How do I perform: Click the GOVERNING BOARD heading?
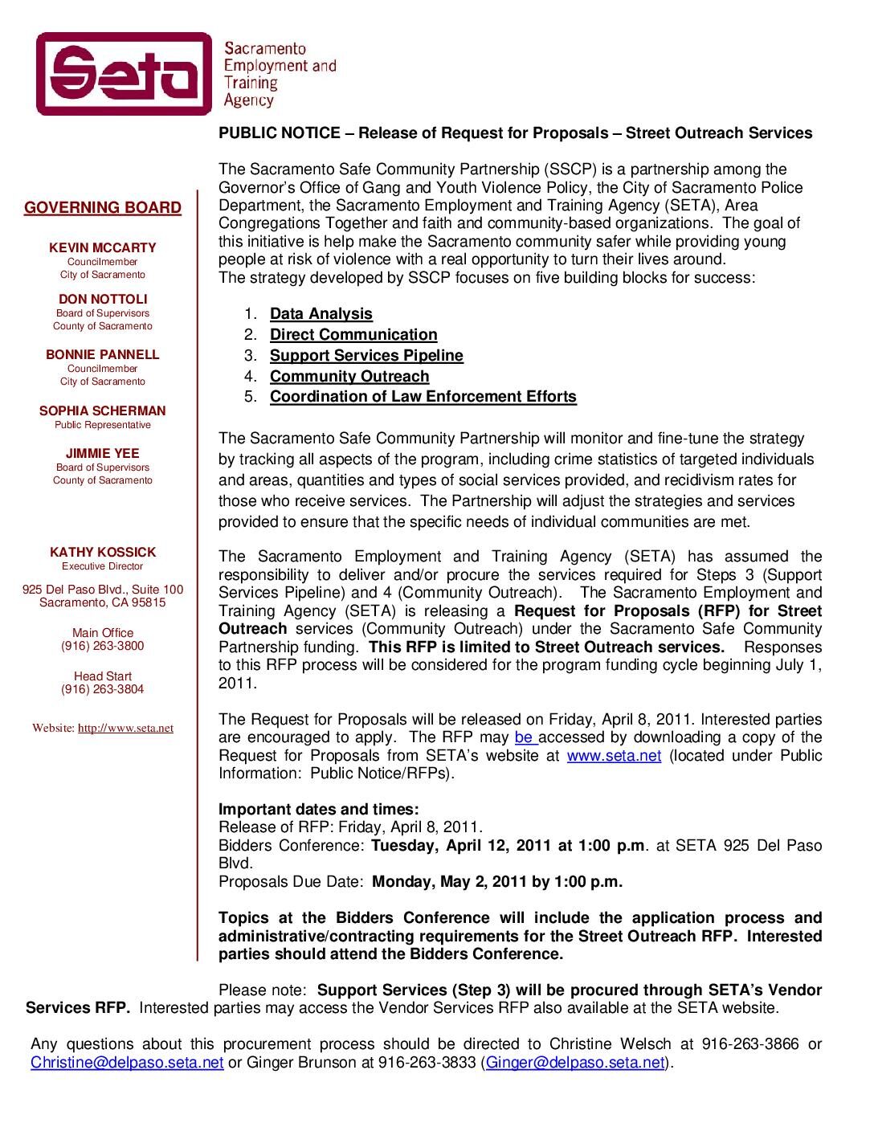coord(103,208)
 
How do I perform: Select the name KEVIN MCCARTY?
coord(103,248)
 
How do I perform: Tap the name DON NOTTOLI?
coord(103,300)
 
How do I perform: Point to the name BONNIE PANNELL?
coord(103,355)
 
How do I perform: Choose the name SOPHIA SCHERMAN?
coord(103,411)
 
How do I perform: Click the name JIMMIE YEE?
coord(103,454)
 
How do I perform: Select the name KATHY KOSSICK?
coord(103,553)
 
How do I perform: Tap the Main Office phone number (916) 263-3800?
coord(103,647)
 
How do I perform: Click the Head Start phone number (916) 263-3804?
coord(103,690)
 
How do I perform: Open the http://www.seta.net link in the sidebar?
coord(125,729)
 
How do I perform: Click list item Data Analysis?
coord(321,314)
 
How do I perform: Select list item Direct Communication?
coord(353,335)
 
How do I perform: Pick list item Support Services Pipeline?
coord(366,356)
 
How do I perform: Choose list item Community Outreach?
coord(349,377)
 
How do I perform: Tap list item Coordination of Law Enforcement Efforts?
coord(423,397)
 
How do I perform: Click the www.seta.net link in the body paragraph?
coord(614,756)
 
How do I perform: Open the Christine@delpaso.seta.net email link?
coord(127,1063)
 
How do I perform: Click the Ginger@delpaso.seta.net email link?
coord(576,1063)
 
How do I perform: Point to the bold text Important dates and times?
coord(319,809)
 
